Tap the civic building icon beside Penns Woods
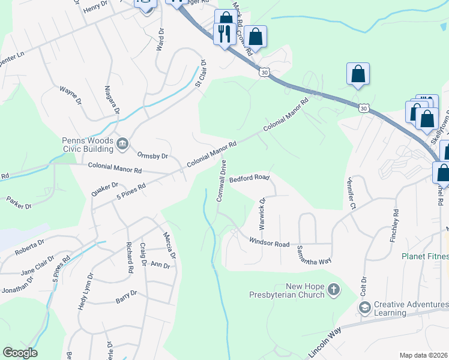(122, 143)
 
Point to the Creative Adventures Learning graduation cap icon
(364, 307)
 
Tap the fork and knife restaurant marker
(225, 34)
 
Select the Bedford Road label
(249, 178)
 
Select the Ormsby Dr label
(153, 155)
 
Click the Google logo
(20, 353)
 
